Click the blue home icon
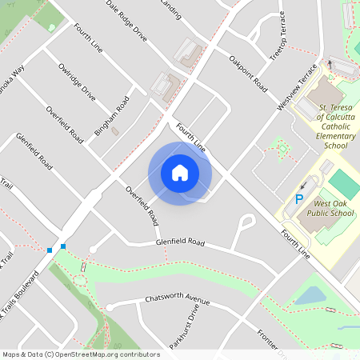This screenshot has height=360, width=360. [x=180, y=173]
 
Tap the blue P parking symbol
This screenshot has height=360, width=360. [x=300, y=199]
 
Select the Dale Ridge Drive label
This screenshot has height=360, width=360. [x=126, y=20]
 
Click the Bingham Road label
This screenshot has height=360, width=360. [x=112, y=116]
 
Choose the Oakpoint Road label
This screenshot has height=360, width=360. [x=247, y=71]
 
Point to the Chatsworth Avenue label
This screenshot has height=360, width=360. [x=177, y=299]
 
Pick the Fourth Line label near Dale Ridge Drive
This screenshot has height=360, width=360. [x=89, y=40]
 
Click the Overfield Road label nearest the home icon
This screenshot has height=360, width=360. [x=141, y=205]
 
